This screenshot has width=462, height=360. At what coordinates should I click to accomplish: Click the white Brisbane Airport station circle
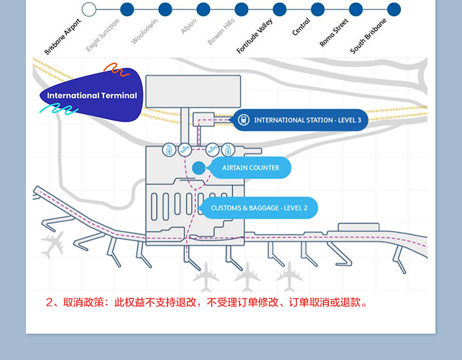click(x=89, y=9)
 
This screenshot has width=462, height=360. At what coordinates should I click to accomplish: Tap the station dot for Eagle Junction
click(x=127, y=9)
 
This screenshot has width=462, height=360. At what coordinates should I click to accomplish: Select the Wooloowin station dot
click(x=165, y=9)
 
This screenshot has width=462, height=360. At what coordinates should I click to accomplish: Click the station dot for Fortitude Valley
click(x=280, y=9)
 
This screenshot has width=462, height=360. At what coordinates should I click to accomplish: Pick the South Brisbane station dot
click(x=394, y=9)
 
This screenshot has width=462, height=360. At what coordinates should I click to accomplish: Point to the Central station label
click(x=301, y=28)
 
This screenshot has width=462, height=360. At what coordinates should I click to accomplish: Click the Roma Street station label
click(x=334, y=33)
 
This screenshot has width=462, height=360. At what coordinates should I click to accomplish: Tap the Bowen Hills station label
click(x=221, y=31)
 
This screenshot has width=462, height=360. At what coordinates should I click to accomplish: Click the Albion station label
click(x=188, y=27)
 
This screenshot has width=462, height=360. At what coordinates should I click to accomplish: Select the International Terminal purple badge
click(x=92, y=96)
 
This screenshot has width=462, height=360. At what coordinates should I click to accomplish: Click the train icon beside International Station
click(x=244, y=120)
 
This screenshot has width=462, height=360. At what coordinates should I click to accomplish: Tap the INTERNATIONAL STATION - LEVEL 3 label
click(x=307, y=120)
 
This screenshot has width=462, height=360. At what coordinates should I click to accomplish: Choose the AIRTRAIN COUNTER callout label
click(x=250, y=168)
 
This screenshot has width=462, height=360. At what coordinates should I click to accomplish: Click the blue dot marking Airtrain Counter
click(x=198, y=168)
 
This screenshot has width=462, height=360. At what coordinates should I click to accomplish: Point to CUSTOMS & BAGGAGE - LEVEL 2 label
click(x=259, y=208)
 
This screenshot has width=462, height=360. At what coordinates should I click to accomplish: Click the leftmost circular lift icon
click(x=169, y=149)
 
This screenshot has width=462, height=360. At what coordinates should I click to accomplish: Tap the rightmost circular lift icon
click(x=228, y=149)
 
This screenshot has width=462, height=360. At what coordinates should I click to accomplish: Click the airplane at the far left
click(x=53, y=244)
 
